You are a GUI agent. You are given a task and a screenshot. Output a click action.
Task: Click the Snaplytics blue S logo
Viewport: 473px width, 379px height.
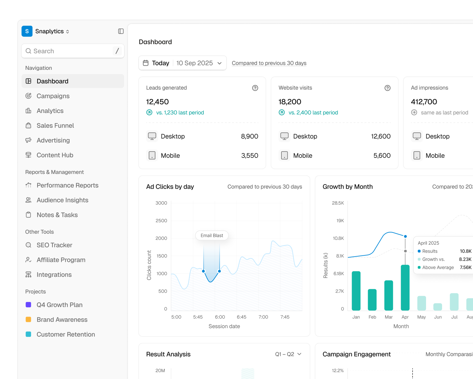(x=27, y=31)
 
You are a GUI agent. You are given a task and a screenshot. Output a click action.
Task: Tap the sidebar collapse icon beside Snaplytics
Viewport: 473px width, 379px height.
(x=121, y=31)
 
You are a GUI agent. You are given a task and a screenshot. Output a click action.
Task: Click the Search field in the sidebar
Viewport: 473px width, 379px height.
(x=73, y=51)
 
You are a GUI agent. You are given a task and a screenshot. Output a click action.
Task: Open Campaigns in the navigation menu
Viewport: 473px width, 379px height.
(x=53, y=96)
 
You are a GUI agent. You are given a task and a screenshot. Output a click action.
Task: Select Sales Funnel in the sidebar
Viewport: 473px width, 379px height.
(x=55, y=125)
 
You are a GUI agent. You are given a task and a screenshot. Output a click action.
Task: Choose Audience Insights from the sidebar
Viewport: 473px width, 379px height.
(x=62, y=200)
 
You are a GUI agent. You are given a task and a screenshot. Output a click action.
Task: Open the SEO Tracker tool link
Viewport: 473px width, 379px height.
(x=54, y=245)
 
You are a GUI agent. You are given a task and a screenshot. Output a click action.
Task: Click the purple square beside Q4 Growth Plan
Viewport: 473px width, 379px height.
(x=28, y=304)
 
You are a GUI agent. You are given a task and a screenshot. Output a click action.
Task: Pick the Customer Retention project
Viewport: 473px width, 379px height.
(x=66, y=334)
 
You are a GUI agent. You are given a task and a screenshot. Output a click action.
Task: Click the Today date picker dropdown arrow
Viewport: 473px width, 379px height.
(x=219, y=63)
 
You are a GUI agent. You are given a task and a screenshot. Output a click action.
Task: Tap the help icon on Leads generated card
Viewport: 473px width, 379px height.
(x=255, y=88)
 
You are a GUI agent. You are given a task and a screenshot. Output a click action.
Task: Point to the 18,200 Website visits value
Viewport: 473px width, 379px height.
(x=290, y=102)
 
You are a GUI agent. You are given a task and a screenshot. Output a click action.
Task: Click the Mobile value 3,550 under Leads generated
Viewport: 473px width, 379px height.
(x=250, y=155)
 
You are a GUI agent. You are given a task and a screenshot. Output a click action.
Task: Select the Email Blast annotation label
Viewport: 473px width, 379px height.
(x=212, y=235)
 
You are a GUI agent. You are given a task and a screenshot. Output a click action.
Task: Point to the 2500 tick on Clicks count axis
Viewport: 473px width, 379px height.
(x=161, y=221)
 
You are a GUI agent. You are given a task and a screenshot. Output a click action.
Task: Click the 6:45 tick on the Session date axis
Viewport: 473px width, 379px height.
(x=241, y=317)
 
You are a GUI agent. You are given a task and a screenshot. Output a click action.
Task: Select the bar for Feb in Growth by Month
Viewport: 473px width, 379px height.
(x=372, y=300)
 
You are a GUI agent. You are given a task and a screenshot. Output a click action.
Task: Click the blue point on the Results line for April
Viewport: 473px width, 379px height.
(x=405, y=236)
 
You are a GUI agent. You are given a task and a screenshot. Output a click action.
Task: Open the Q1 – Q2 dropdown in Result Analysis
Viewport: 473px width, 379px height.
(x=288, y=354)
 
